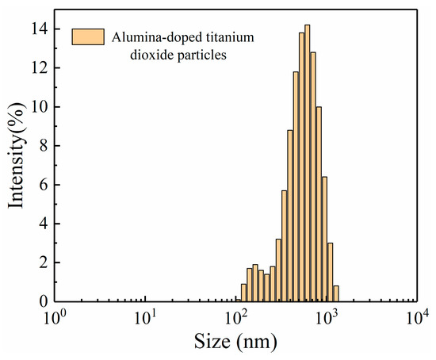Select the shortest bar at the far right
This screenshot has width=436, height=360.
(x=336, y=293)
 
